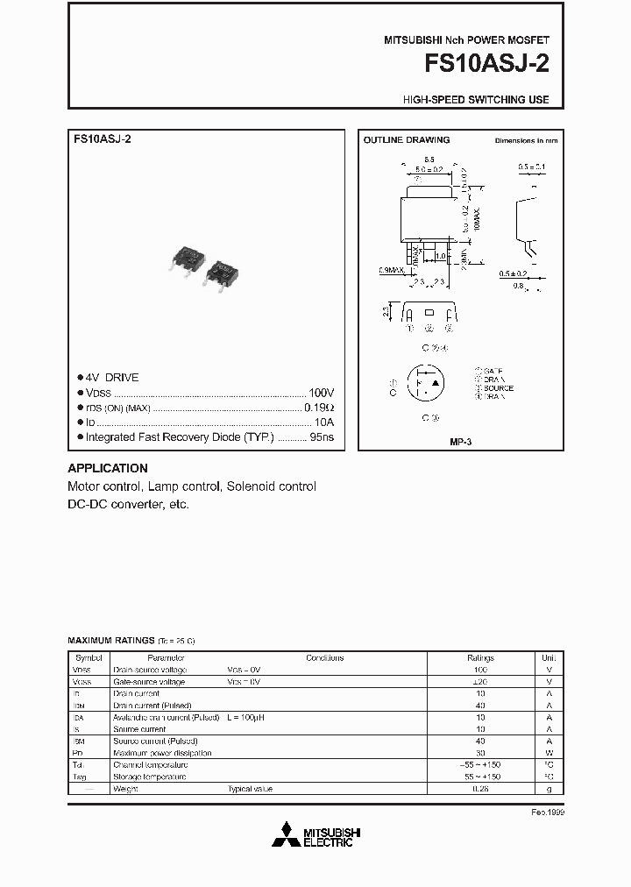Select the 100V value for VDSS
click(x=322, y=393)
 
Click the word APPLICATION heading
click(x=108, y=468)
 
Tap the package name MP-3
click(x=461, y=443)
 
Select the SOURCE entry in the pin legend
click(x=498, y=387)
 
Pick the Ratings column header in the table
click(x=480, y=657)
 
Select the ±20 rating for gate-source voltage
click(x=480, y=681)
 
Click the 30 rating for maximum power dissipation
click(x=480, y=753)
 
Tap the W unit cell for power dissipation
click(x=549, y=753)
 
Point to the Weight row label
click(x=126, y=789)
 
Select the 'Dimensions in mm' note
click(x=526, y=140)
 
